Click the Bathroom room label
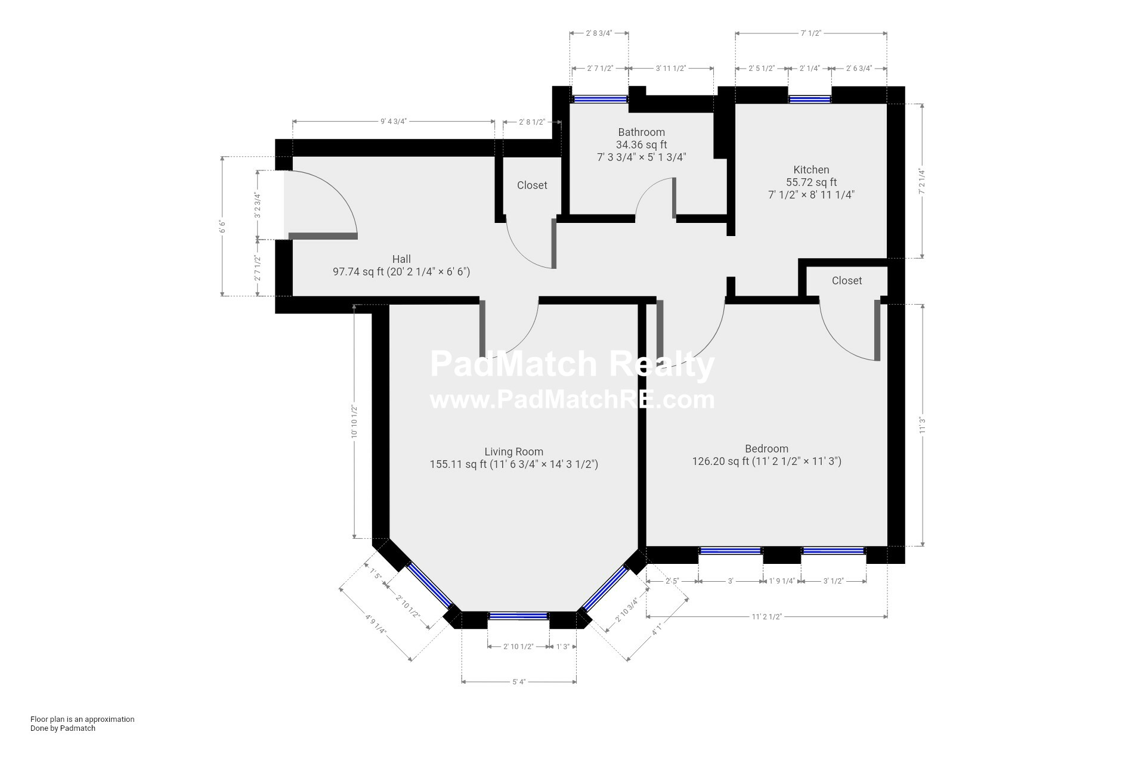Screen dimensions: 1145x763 pyautogui.click(x=641, y=132)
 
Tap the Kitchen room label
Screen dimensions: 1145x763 pyautogui.click(x=811, y=170)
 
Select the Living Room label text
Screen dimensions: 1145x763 pyautogui.click(x=513, y=452)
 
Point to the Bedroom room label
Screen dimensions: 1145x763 pyautogui.click(x=766, y=449)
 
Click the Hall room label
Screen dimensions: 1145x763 pyautogui.click(x=401, y=259)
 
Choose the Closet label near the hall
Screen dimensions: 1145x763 pyautogui.click(x=532, y=185)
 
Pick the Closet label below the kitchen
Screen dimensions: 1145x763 pyautogui.click(x=847, y=281)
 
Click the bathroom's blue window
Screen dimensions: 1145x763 pyautogui.click(x=600, y=99)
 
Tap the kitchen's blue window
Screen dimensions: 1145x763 pyautogui.click(x=810, y=99)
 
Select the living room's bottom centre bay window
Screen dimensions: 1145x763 pyautogui.click(x=518, y=616)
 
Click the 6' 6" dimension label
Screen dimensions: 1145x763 pyautogui.click(x=222, y=227)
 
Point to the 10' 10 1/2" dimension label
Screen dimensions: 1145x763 pyautogui.click(x=354, y=422)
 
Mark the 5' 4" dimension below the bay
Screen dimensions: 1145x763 pyautogui.click(x=519, y=682)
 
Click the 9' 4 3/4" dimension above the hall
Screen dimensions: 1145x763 pyautogui.click(x=394, y=122)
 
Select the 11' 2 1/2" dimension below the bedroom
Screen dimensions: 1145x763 pyautogui.click(x=766, y=617)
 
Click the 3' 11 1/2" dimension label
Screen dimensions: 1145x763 pyautogui.click(x=671, y=69)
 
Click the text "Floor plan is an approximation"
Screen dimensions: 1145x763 pyautogui.click(x=82, y=719)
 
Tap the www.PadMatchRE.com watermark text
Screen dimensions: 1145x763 pyautogui.click(x=572, y=399)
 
